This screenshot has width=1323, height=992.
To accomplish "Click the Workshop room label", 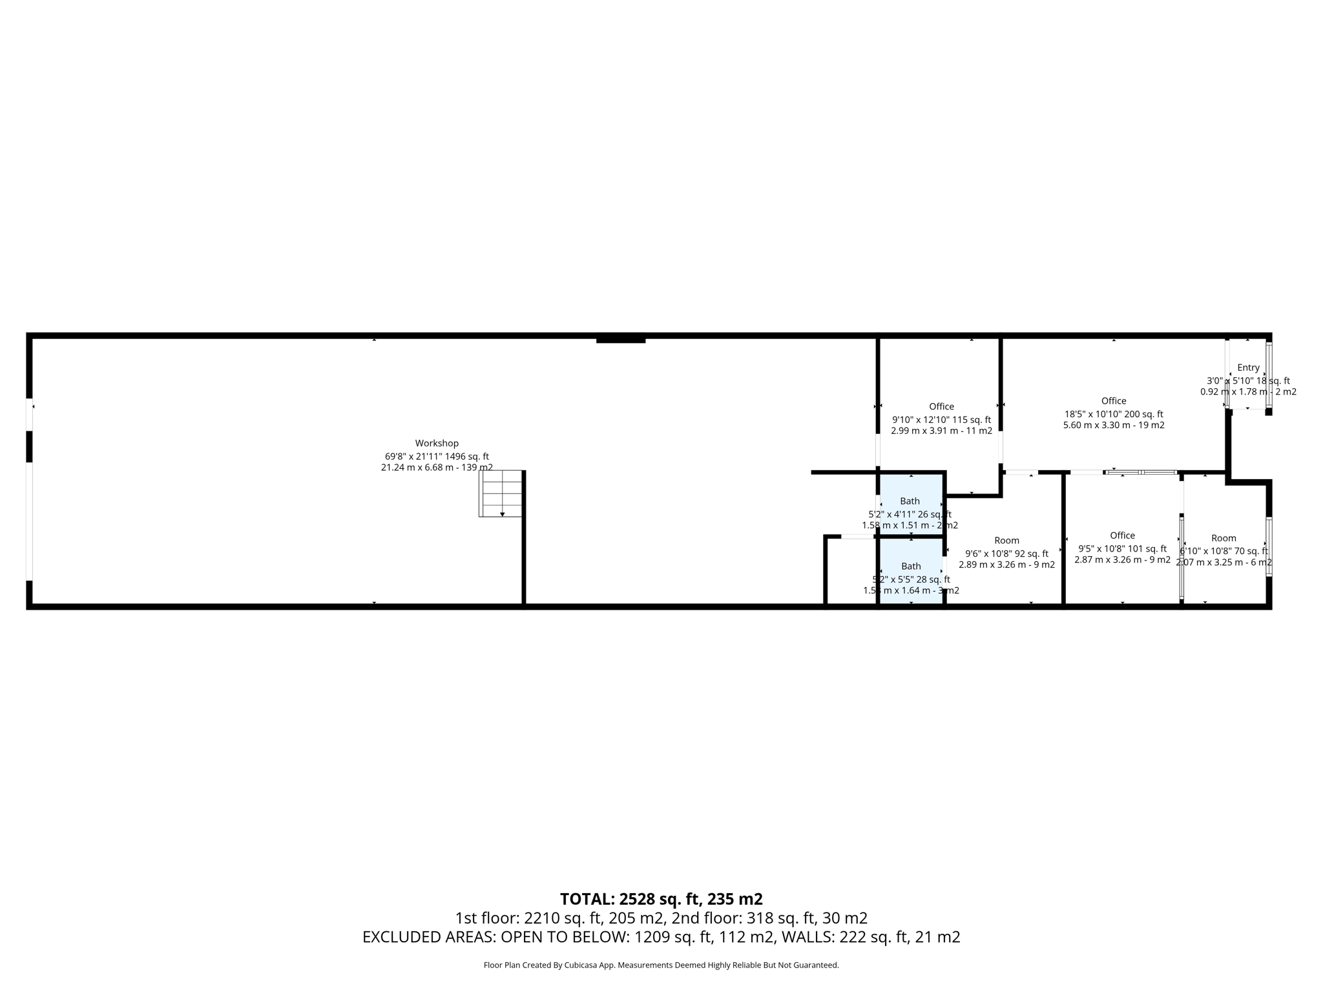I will pos(437,443).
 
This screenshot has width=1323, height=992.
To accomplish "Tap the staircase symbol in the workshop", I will pos(501,493).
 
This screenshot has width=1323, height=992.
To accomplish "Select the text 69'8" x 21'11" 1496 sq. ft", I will pos(437,456).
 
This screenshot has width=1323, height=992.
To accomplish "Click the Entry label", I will pos(1248,367).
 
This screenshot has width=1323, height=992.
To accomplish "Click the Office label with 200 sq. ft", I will pos(1114,401).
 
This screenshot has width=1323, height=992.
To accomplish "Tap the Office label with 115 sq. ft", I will pos(941,406).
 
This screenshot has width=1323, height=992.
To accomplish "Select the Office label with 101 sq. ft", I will pos(1122,535).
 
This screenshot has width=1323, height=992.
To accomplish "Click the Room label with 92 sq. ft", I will pos(1006,541).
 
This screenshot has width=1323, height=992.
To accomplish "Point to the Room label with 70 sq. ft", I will pos(1224,538).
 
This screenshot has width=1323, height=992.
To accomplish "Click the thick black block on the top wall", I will pos(620,338).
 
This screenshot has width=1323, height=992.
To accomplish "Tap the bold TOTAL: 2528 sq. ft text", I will pos(661,899).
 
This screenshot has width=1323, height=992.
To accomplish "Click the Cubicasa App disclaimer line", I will pos(661,965).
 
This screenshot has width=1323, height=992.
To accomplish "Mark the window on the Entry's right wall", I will pos(1269,375).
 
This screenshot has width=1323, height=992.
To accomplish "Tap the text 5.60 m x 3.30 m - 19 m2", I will pos(1114,425).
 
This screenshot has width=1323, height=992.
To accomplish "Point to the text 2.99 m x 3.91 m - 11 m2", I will pos(941,431).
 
